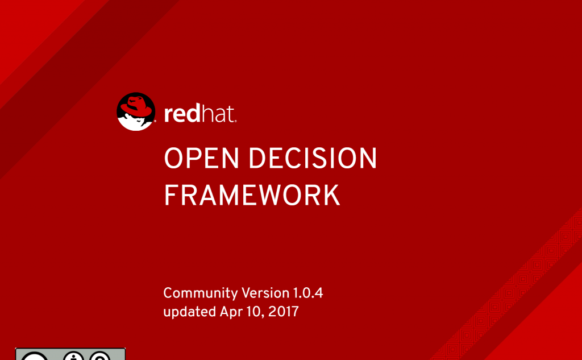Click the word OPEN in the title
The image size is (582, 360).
[x=201, y=158]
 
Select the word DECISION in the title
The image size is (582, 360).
[x=313, y=158]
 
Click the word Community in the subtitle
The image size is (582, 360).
[x=201, y=293]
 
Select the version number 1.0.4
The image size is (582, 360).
[x=308, y=293]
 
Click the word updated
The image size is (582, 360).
[x=190, y=311]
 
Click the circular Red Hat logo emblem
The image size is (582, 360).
[x=136, y=111]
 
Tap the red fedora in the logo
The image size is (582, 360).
[x=138, y=106]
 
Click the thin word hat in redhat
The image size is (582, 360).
[x=218, y=114]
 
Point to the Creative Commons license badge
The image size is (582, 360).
[x=70, y=354]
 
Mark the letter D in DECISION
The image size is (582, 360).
[x=259, y=158]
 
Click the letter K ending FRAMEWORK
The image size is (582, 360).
[x=331, y=195]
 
